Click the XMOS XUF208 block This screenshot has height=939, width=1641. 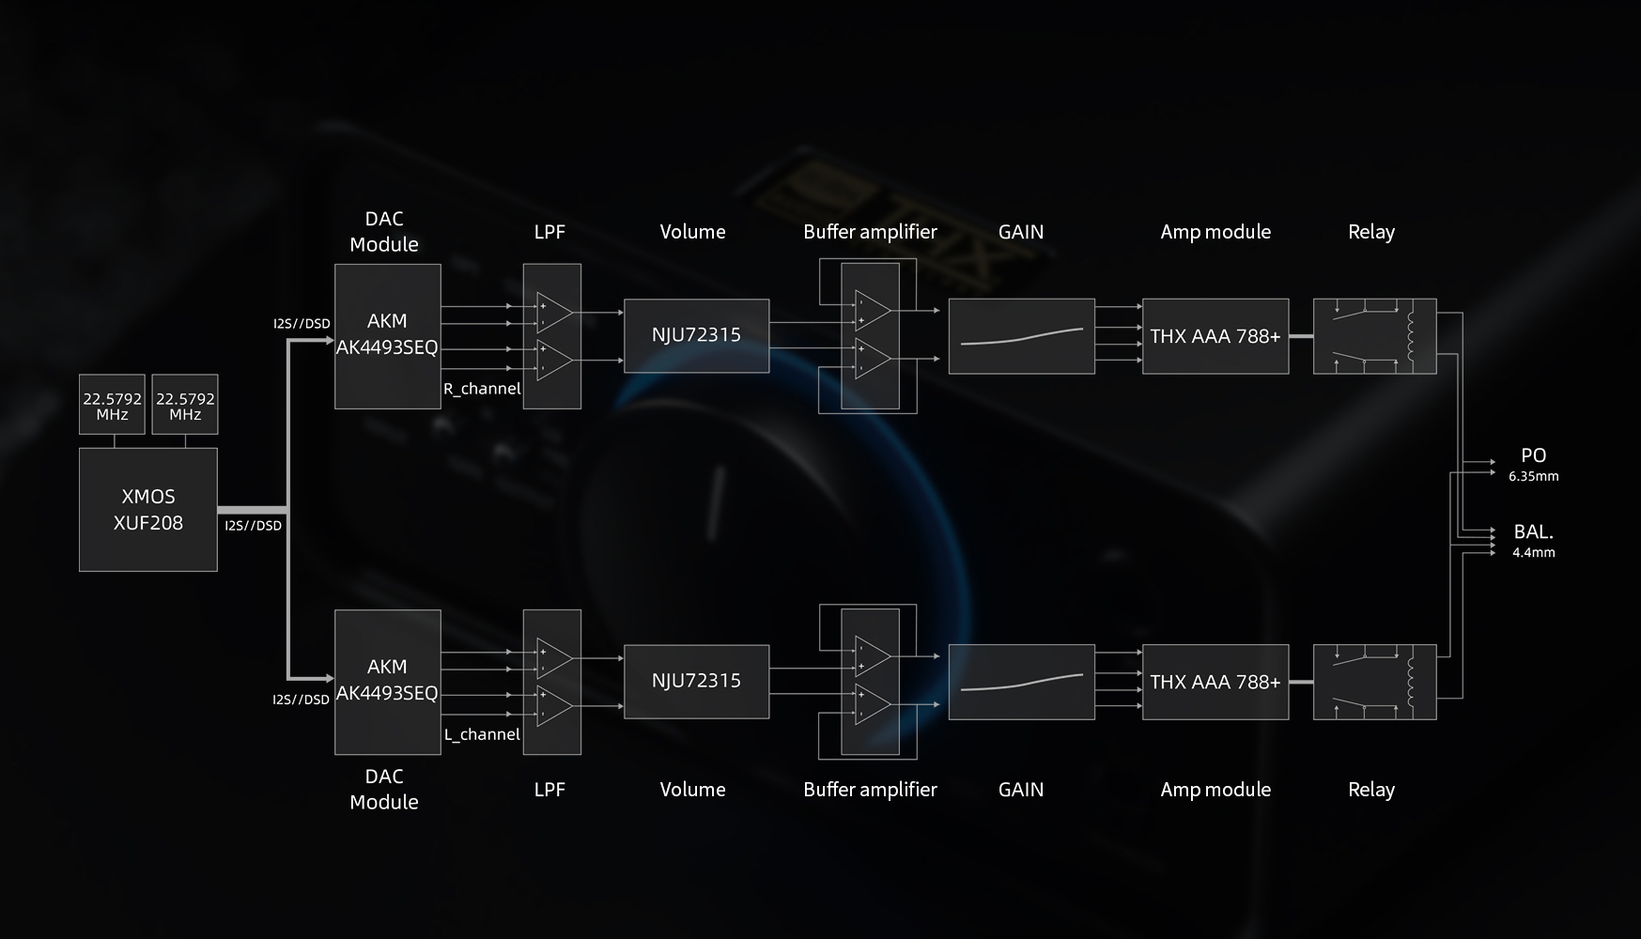click(x=148, y=510)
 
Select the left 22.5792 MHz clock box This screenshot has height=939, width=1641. click(x=112, y=406)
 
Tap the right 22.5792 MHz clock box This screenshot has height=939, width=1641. click(x=185, y=406)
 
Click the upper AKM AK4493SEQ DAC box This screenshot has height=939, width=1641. click(x=387, y=335)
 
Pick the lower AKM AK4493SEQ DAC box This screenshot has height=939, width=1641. click(x=387, y=681)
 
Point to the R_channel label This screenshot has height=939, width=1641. click(x=482, y=389)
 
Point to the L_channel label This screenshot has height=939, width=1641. click(x=482, y=734)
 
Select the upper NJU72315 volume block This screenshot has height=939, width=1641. click(x=696, y=335)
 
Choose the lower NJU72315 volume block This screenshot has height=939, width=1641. click(x=696, y=681)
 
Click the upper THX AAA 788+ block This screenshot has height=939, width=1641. click(x=1215, y=336)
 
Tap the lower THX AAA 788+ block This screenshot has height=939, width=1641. click(x=1215, y=682)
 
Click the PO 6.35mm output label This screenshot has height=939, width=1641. click(x=1533, y=464)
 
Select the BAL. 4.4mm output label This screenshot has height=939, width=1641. click(x=1533, y=541)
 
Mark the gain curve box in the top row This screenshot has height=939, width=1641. click(x=1021, y=336)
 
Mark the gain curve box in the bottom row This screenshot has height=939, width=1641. click(x=1021, y=682)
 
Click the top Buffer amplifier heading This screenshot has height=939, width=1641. click(x=870, y=232)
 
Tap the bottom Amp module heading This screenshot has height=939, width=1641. click(x=1215, y=790)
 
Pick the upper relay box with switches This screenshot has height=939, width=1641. click(x=1374, y=336)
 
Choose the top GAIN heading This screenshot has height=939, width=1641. click(x=1021, y=232)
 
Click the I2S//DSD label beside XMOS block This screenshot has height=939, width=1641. click(x=254, y=526)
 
